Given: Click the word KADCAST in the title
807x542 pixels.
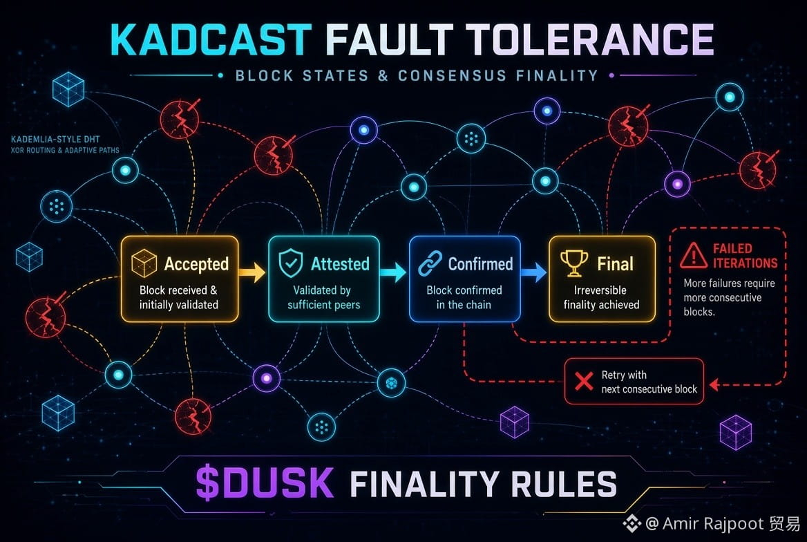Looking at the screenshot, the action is point(211,39).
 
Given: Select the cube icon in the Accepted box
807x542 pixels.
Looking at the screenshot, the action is point(144,263).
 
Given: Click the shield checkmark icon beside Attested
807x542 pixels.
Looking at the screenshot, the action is point(291,263).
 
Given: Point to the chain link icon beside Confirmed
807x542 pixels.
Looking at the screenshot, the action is point(430,263).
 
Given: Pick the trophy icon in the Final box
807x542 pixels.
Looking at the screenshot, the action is point(574,263).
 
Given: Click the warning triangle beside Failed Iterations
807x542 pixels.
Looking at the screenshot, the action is point(693,256).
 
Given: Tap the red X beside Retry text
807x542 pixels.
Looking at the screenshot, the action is point(584,381).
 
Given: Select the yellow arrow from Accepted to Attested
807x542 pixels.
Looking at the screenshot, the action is point(252,272).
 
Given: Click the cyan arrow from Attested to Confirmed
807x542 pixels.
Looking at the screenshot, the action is point(393,272).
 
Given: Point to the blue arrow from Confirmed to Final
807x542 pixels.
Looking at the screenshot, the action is point(533,272).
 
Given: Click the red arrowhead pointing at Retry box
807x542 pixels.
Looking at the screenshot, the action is point(714,384).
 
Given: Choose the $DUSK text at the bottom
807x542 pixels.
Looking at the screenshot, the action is point(265,483).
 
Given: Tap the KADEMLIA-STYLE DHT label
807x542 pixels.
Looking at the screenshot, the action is point(55,139).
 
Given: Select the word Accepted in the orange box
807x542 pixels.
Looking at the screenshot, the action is point(197,264).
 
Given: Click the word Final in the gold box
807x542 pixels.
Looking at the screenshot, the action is point(615,264).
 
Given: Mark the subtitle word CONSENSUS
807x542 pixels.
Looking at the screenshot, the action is point(453,76).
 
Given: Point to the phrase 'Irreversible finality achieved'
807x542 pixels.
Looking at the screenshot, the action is point(601,297).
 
